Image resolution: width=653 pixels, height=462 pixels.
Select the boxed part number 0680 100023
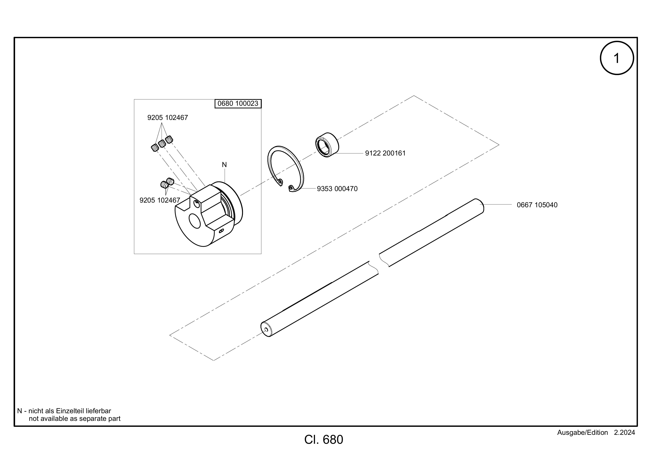[x=238, y=104]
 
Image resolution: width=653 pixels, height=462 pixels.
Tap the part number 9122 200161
[x=385, y=153]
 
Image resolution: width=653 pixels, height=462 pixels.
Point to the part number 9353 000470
[x=337, y=189]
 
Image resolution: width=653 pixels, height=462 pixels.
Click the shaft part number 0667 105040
[x=537, y=205]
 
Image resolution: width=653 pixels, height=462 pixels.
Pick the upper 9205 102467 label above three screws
[x=168, y=118]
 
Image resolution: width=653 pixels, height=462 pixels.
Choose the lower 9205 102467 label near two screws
[x=160, y=201]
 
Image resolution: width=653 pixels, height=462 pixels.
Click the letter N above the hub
[x=224, y=165]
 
